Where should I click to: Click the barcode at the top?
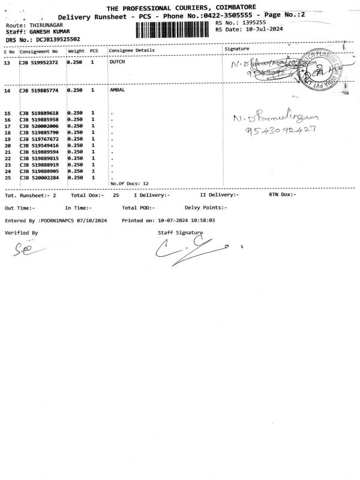174,31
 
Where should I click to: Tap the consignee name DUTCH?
118,62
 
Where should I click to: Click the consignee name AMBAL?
118,91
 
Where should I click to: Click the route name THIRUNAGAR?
46,25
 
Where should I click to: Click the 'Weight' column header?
76,50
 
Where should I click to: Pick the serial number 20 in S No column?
8,146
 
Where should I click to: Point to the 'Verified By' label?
21,232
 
